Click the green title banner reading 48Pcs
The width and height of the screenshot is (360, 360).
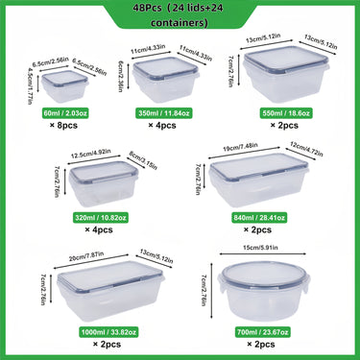180,15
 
